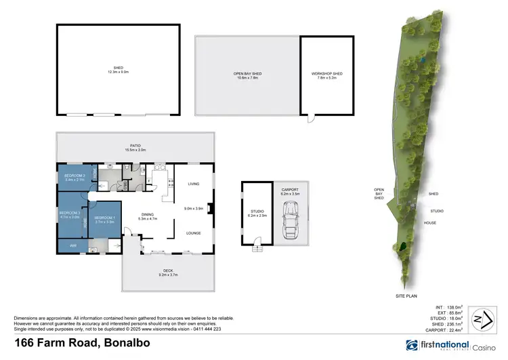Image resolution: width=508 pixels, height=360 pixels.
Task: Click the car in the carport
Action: click(291, 218)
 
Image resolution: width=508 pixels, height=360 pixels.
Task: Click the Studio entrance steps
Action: click(257, 249)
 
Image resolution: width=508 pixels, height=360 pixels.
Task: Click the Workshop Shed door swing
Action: click(310, 119)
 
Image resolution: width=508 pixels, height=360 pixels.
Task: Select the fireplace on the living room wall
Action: click(211, 208)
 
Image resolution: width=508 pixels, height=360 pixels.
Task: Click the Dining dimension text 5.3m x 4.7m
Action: click(148, 219)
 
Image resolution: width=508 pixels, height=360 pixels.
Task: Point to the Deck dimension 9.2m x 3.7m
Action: click(148, 274)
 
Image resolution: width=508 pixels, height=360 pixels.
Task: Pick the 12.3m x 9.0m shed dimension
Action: click(118, 72)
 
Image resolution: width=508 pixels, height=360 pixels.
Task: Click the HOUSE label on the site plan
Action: click(429, 222)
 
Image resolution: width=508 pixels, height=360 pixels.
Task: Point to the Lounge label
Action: click(194, 233)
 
